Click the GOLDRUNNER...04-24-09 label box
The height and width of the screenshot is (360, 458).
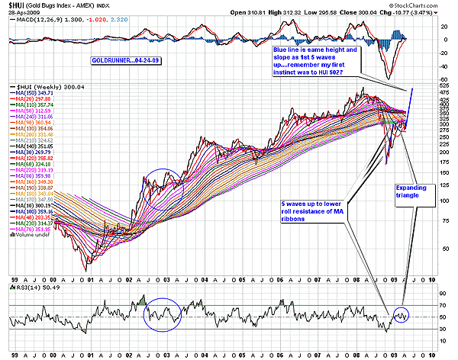[121, 59]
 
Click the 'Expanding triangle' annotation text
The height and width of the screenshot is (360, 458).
[410, 190]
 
